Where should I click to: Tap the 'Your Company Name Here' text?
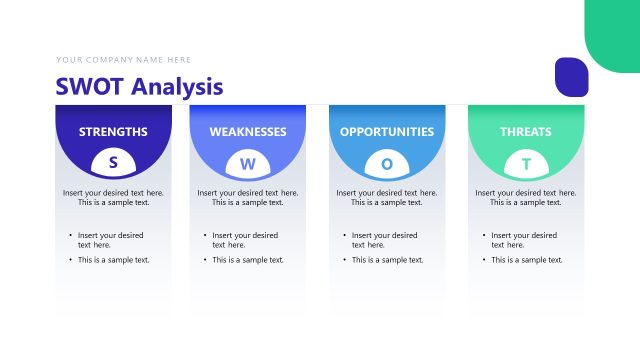124,60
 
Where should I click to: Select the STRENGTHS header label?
113,131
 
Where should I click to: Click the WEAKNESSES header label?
248,131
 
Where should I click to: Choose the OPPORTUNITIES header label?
387,131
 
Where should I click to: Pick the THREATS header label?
526,131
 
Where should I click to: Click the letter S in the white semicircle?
113,162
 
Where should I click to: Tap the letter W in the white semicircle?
248,163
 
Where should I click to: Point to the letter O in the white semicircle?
387,163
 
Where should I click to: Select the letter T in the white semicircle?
526,163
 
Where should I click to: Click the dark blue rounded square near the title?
571,78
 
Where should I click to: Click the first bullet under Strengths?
110,240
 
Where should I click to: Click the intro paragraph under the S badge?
113,197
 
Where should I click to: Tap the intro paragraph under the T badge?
526,197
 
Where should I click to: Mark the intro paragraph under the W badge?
248,197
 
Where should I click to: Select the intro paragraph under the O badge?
387,197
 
